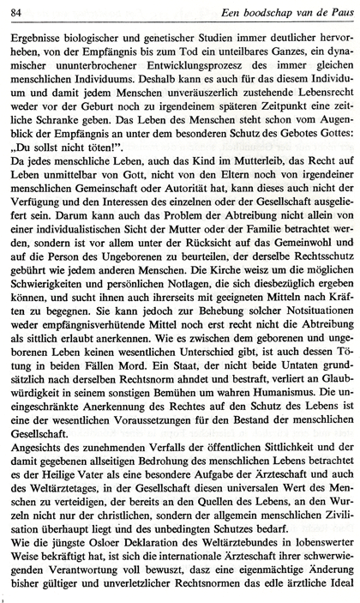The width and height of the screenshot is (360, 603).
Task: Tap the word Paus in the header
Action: (x=336, y=9)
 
